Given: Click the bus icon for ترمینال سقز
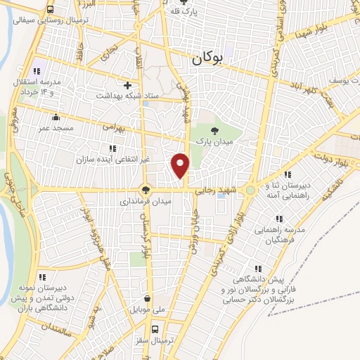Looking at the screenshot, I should tap(155, 328).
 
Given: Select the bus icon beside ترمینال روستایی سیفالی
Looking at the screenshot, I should tap(51, 10).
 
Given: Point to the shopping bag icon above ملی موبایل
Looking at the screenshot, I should tap(146, 298).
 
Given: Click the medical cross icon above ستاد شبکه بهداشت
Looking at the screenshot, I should tap(127, 84).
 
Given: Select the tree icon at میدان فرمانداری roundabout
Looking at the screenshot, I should tap(145, 189).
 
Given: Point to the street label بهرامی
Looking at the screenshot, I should tap(112, 127).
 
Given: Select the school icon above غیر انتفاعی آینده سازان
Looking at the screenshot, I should tap(111, 148).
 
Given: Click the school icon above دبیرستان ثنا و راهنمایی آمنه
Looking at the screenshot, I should tap(287, 174).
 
